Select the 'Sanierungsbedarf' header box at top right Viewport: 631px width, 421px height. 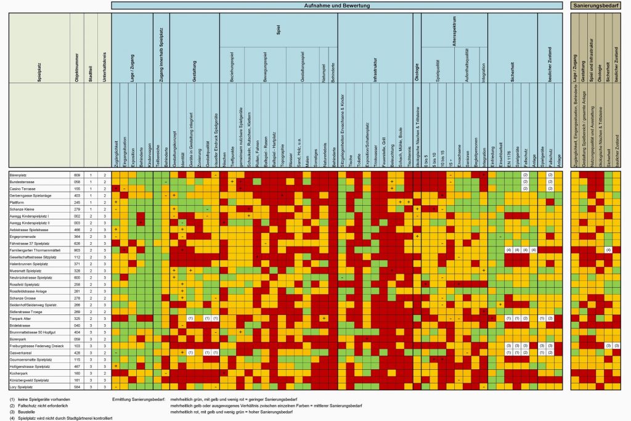click(x=596, y=6)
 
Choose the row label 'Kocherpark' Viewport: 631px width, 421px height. click(x=18, y=374)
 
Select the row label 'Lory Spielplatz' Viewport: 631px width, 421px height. click(x=22, y=387)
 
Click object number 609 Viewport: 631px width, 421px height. click(x=78, y=175)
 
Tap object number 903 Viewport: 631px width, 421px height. click(x=78, y=250)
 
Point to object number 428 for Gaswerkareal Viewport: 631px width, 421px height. click(x=78, y=353)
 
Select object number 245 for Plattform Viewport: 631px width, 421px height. click(x=78, y=202)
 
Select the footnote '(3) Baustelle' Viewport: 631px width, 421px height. click(x=23, y=412)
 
